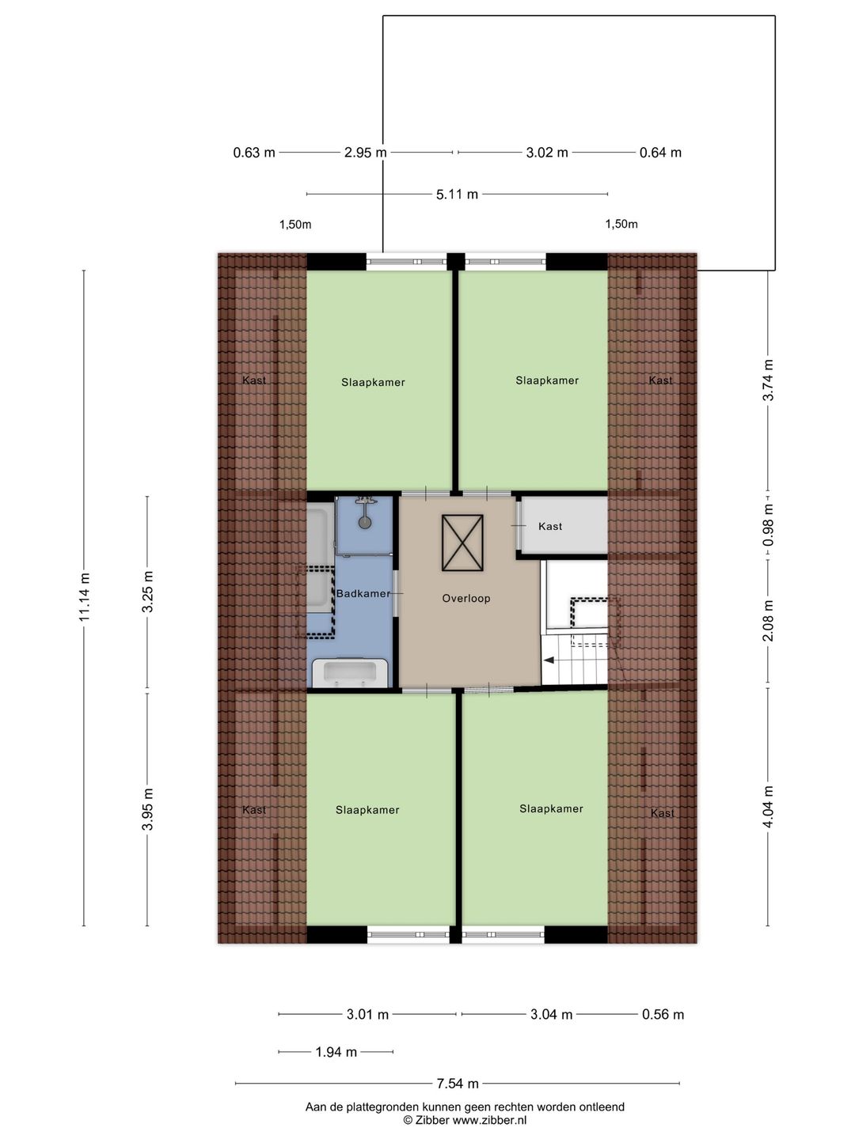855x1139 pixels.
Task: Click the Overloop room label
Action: coord(465,598)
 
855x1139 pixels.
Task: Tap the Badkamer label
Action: coord(363,593)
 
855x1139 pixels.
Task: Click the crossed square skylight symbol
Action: coord(462,543)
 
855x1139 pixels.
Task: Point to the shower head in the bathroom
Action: coord(365,522)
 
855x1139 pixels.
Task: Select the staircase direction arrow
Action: coord(548,660)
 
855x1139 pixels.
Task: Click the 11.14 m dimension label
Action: coord(85,596)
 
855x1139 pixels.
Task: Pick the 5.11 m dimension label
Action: coord(457,195)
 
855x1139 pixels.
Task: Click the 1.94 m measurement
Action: coord(336,1052)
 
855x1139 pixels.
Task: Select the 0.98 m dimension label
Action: coord(768,524)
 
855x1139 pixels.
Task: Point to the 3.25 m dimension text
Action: coord(147,592)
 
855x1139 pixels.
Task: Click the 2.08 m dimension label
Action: coord(768,621)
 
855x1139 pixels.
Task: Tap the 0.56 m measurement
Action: coord(663,1015)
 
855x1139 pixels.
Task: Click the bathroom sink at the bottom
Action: coord(350,673)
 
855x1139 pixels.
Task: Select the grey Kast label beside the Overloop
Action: coord(549,527)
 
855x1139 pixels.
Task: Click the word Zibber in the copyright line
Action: coord(432,1120)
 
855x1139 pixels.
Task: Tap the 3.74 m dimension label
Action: coord(768,380)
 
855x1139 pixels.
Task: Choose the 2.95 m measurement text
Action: coord(366,153)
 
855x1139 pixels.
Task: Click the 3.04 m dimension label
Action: coord(551,1015)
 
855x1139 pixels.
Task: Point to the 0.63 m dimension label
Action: coord(254,153)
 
